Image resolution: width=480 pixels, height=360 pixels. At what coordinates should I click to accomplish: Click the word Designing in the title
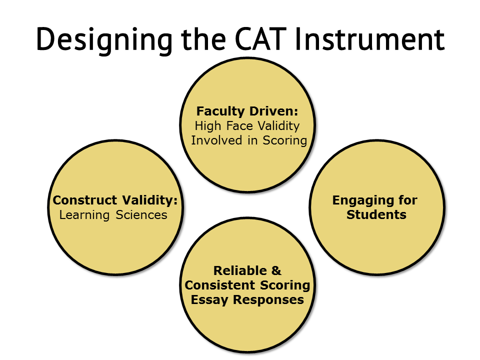tap(104, 40)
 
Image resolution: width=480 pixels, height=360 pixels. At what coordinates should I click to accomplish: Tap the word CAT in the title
tap(261, 39)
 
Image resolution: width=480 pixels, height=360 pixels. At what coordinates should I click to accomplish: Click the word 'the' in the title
tap(203, 39)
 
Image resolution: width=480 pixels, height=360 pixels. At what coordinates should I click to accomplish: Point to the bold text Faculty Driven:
tap(247, 111)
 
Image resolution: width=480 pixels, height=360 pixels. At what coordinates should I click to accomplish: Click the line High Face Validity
tap(247, 126)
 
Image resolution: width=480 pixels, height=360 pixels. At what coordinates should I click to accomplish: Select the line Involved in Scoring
tap(249, 140)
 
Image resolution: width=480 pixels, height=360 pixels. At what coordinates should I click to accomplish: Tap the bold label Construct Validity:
tap(115, 200)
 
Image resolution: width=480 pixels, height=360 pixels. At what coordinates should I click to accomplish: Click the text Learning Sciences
tap(113, 215)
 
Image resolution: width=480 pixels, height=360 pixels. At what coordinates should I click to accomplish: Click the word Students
tap(376, 214)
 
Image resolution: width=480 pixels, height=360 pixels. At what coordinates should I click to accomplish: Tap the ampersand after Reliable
tap(276, 270)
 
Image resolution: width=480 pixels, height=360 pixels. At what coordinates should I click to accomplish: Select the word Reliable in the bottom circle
tap(240, 270)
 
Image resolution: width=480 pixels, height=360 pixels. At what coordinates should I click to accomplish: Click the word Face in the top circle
tap(239, 126)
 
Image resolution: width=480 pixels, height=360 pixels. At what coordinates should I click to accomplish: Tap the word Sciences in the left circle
tap(141, 215)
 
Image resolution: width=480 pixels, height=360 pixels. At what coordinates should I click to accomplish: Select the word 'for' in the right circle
tap(408, 200)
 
